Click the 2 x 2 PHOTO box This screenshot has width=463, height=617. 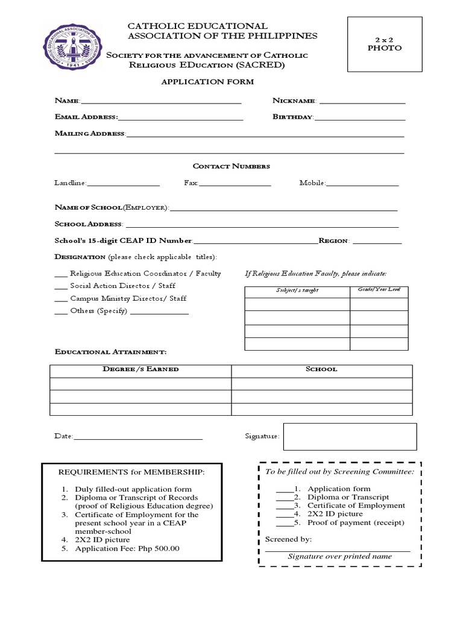384,45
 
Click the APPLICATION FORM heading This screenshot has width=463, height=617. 207,81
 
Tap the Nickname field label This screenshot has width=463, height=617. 294,101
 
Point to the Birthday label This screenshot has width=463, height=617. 292,117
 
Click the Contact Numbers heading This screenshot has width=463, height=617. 231,166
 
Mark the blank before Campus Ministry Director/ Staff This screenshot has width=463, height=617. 61,299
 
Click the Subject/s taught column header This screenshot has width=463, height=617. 297,291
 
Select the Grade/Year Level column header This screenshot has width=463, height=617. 379,290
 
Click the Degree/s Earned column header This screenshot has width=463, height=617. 140,369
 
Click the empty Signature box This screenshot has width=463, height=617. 350,437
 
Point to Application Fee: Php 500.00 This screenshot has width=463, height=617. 127,549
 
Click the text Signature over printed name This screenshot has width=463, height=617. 339,557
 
